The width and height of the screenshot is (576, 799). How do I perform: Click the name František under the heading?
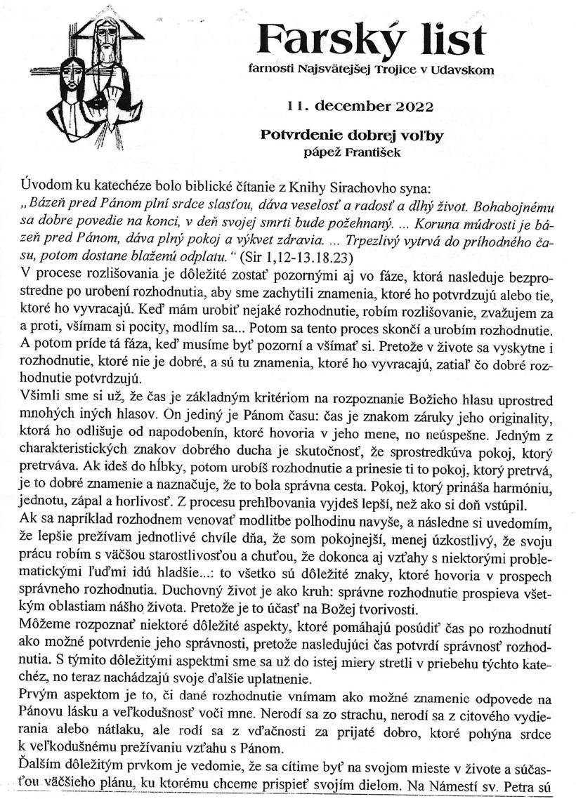pyautogui.click(x=372, y=152)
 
